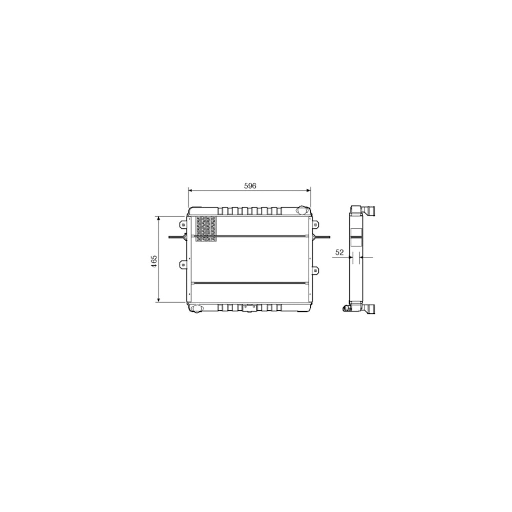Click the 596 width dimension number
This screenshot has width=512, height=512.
tap(250, 186)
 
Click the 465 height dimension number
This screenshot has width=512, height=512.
tap(154, 261)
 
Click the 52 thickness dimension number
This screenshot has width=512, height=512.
tap(339, 252)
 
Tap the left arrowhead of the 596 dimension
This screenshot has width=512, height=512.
tap(190, 190)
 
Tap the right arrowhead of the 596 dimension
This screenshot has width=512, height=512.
tap(308, 190)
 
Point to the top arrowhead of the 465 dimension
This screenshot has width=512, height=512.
tap(159, 218)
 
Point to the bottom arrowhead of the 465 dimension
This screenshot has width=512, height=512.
tap(159, 300)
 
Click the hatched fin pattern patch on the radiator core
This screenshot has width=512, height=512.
tap(206, 228)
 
